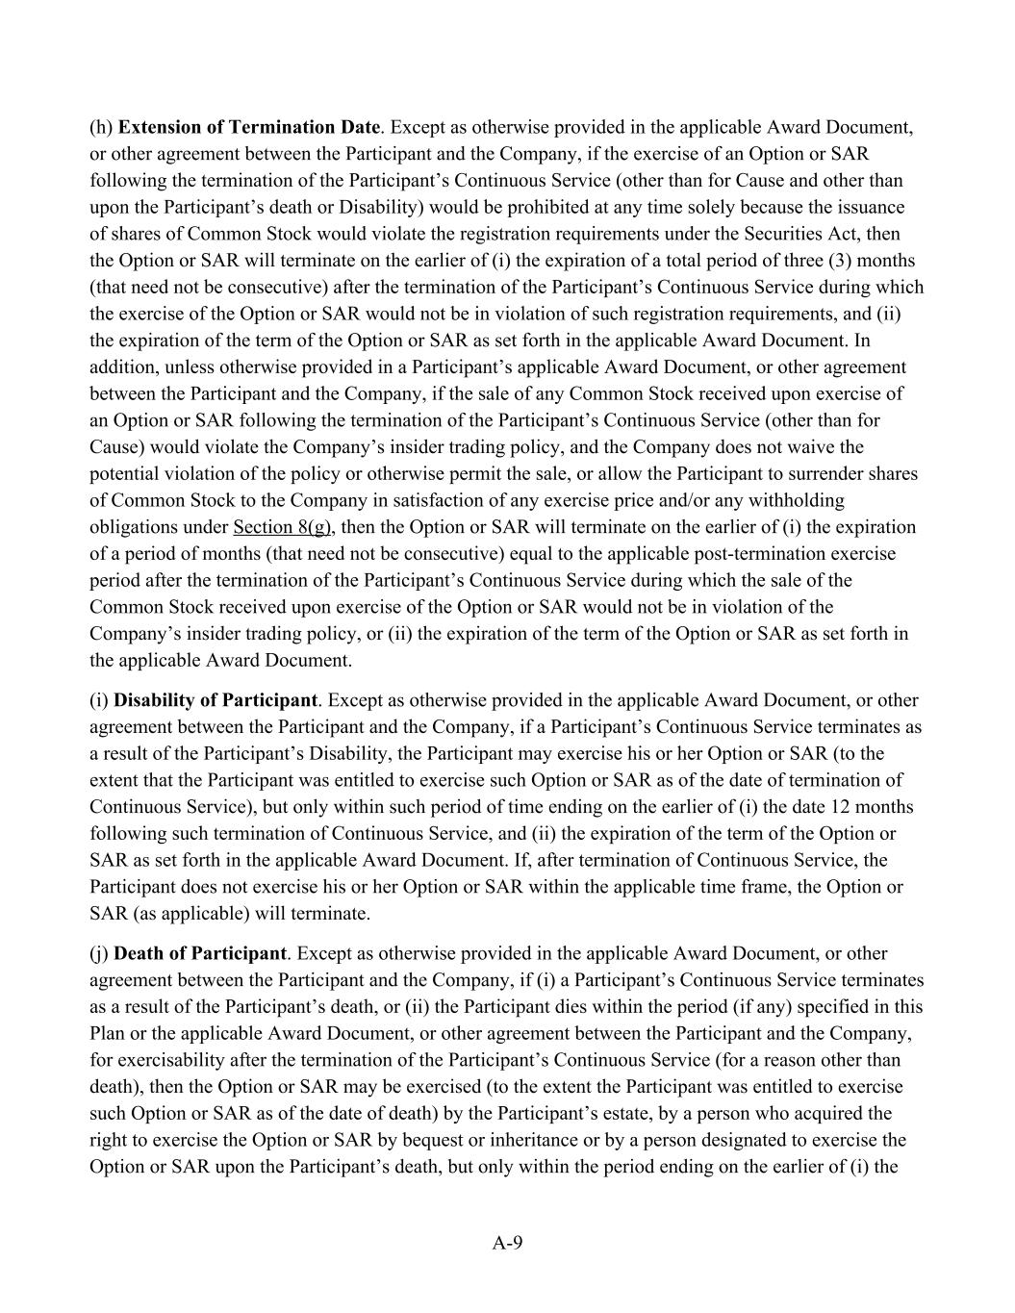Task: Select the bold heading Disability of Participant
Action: coord(215,700)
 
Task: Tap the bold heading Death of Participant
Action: coord(200,953)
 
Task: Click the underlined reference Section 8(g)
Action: coord(282,527)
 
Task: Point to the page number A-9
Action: coord(507,1243)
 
